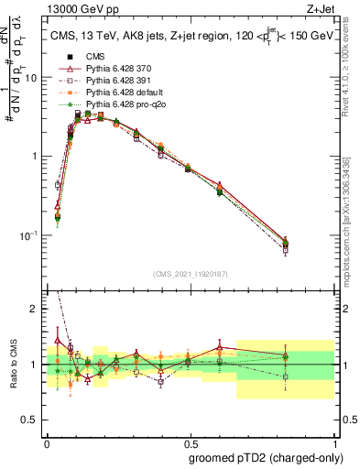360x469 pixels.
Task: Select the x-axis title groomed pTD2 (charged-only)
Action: pos(266,457)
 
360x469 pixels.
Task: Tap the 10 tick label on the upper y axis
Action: pos(31,77)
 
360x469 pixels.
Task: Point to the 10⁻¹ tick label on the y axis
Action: pos(29,235)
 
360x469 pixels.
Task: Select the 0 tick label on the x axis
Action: pos(47,441)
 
